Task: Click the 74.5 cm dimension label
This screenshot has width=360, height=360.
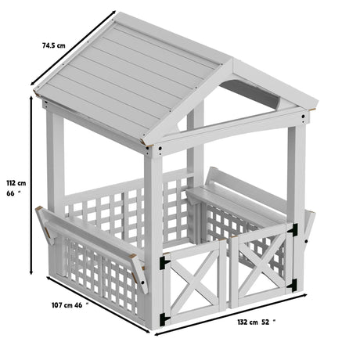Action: (x=54, y=46)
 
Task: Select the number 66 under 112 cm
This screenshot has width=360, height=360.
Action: (x=10, y=193)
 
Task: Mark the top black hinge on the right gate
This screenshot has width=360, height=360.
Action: (x=292, y=230)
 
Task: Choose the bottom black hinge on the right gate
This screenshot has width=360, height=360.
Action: (x=292, y=285)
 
